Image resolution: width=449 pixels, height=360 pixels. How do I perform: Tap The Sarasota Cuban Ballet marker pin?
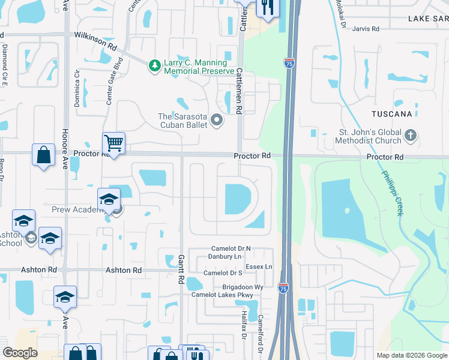coord(217,121)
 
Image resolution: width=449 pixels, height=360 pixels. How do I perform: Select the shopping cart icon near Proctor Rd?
coord(113,143)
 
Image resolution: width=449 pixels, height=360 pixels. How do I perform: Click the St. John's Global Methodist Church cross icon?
coord(411,135)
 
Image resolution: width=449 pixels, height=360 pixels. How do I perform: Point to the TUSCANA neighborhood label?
coord(412,113)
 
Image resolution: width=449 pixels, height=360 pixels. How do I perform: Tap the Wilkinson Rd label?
coord(95,41)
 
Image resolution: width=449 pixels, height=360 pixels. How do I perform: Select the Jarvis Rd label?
coord(366,28)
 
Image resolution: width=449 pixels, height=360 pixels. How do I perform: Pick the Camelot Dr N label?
coord(231,248)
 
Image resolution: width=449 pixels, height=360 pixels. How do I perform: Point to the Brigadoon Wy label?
coord(243,287)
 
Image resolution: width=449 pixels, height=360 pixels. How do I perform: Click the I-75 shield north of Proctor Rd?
coord(289,61)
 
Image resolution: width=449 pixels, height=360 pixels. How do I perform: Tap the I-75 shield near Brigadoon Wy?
coord(283,289)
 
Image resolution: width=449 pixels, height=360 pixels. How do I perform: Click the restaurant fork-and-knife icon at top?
coord(266,7)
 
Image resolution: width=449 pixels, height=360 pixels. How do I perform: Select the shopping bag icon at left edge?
coord(44,155)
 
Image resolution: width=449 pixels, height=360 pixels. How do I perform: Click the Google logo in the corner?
coord(20,352)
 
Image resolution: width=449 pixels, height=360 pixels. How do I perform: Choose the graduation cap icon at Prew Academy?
coord(109,199)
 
